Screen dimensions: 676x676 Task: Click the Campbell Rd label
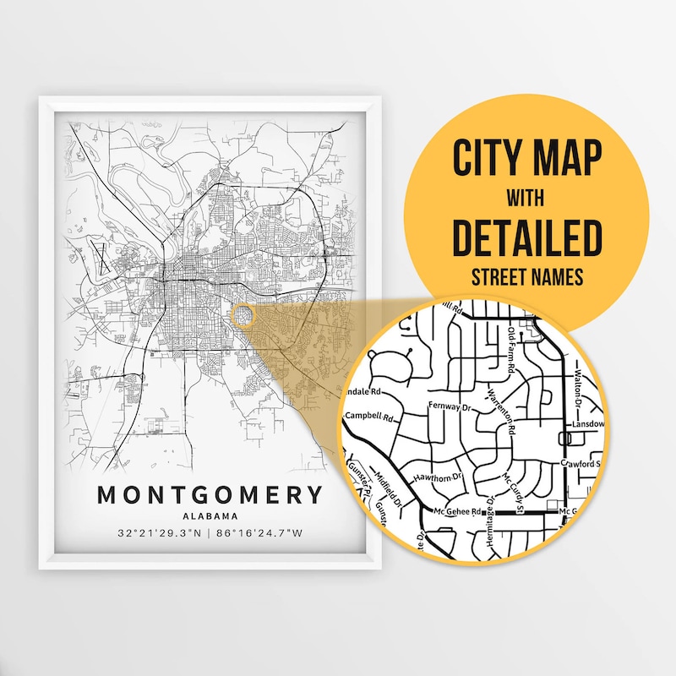(371, 417)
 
